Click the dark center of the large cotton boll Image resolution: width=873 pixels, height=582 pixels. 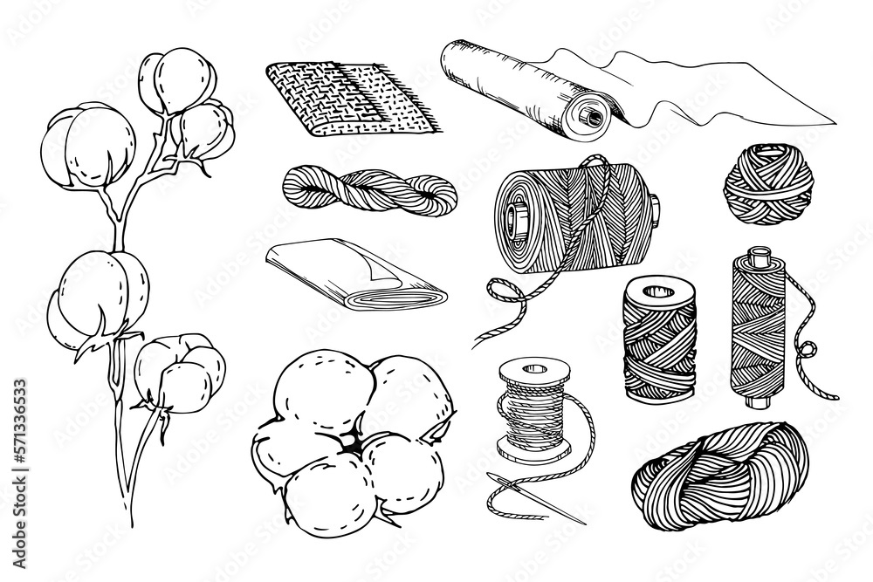351,444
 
